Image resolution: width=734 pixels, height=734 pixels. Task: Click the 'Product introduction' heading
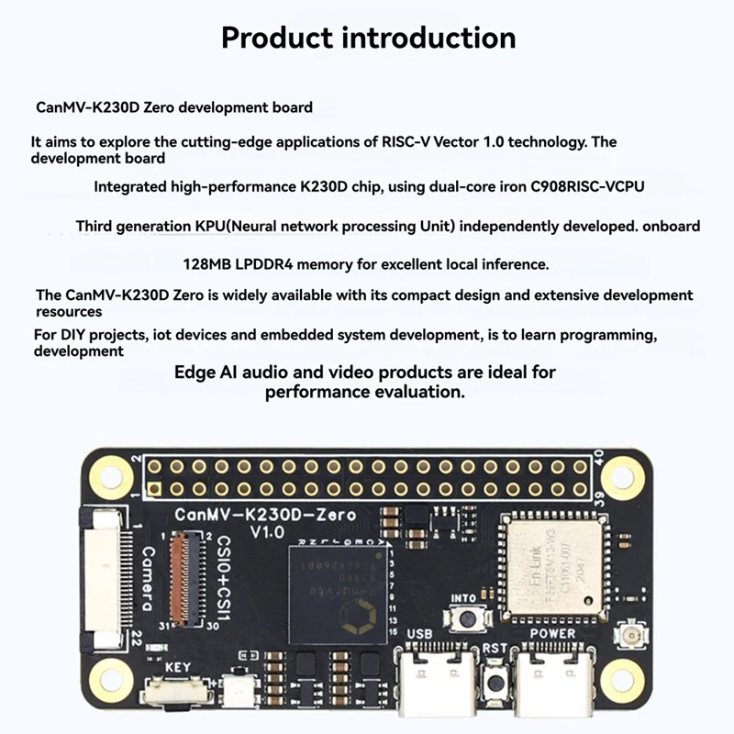point(368,38)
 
